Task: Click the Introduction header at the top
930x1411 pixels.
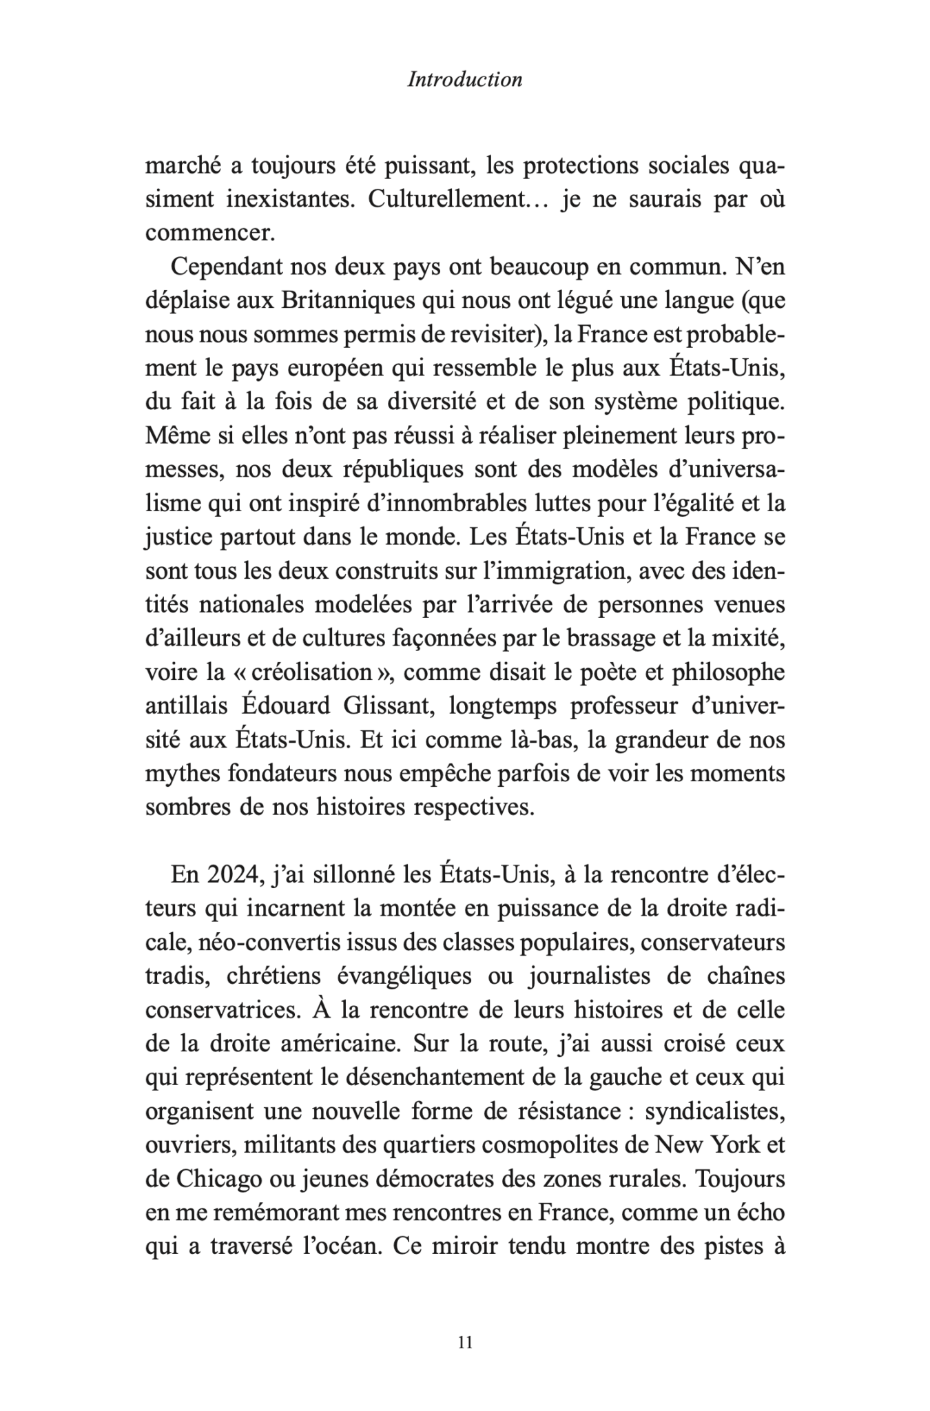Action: coord(465,80)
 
